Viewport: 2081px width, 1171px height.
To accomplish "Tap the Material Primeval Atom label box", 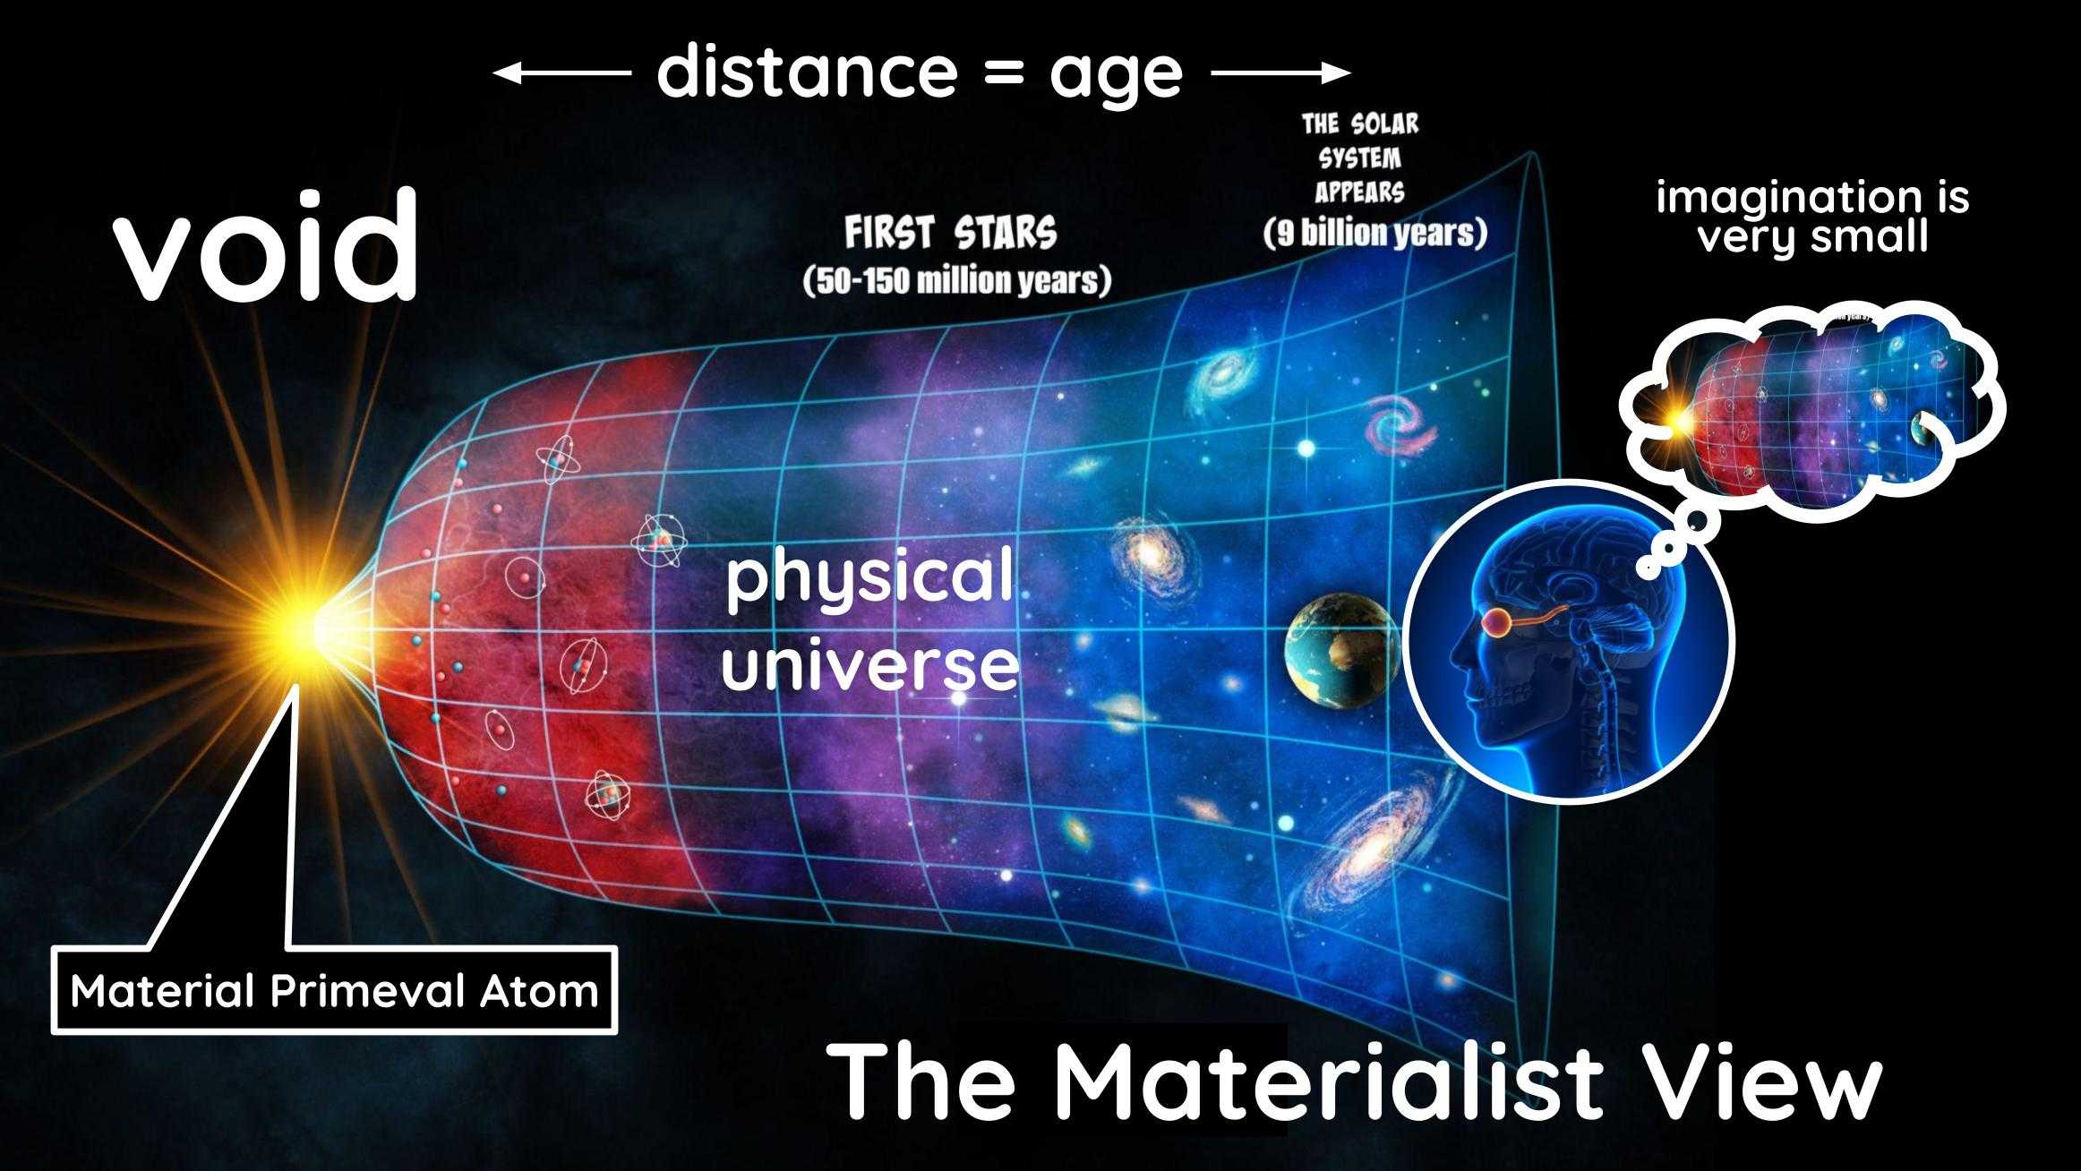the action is pyautogui.click(x=335, y=991).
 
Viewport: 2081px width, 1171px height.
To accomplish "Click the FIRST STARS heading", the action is pyautogui.click(x=951, y=234).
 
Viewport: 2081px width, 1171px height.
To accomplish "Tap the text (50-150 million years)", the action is pyautogui.click(x=956, y=281).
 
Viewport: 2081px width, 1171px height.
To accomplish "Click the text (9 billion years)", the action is pyautogui.click(x=1374, y=233).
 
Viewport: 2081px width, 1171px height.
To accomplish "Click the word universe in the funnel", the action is pyautogui.click(x=869, y=664).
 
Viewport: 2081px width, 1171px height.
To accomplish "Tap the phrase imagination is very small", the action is pyautogui.click(x=1812, y=217).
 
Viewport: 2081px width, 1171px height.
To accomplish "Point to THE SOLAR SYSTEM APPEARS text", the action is pyautogui.click(x=1360, y=158).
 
